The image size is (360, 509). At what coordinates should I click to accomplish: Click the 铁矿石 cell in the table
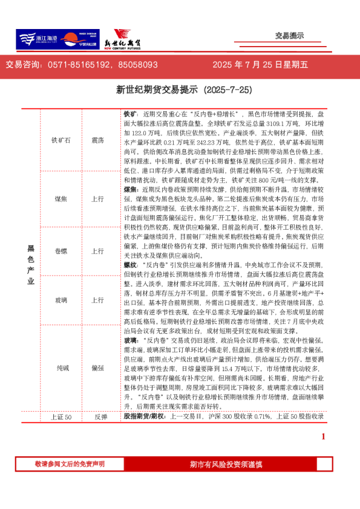click(61, 140)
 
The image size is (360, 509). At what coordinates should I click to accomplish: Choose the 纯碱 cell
click(61, 367)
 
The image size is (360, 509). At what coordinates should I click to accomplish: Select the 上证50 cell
click(61, 417)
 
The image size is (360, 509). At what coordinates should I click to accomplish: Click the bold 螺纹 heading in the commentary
click(130, 265)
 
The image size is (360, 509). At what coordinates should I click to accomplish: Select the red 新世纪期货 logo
click(121, 39)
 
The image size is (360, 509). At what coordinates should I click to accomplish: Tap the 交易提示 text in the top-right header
click(289, 36)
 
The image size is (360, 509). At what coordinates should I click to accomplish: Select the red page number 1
click(323, 436)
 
